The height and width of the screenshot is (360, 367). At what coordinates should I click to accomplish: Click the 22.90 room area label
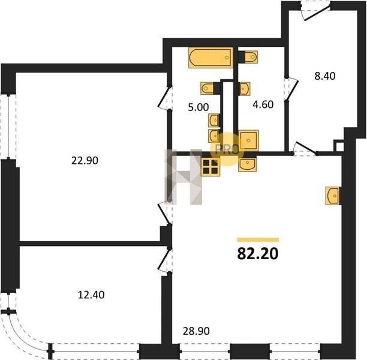(x=85, y=161)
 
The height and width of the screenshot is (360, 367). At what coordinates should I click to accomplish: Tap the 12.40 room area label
(x=91, y=295)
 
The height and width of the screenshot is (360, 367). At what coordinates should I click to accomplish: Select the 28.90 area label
(x=196, y=331)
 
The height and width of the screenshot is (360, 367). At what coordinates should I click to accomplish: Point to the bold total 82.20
(x=258, y=254)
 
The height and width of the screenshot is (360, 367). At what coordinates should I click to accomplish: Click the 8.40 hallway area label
(x=325, y=76)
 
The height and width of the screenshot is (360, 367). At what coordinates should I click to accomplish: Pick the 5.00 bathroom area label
(x=198, y=107)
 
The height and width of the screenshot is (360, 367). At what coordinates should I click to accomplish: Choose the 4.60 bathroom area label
(x=263, y=104)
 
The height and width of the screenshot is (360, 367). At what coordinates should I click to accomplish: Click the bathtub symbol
(x=210, y=58)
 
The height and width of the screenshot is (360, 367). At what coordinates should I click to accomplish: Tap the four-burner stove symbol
(x=210, y=167)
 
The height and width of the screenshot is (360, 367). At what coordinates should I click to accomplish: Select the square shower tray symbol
(x=248, y=140)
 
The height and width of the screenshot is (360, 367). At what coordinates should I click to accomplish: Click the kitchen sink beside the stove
(x=247, y=164)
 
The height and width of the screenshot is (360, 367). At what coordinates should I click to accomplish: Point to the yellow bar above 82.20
(x=258, y=239)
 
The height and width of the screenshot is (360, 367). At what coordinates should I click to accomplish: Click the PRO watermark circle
(x=226, y=149)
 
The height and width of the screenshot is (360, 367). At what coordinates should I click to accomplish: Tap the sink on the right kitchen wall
(x=333, y=196)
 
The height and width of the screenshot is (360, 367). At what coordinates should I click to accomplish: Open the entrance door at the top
(x=317, y=11)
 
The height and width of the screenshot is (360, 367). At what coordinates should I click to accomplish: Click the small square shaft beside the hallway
(x=339, y=146)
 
